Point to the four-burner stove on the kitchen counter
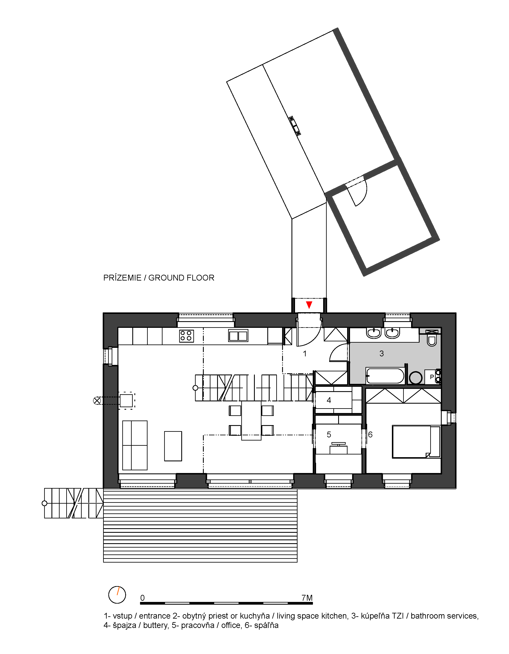pos(186,336)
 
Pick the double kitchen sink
pos(238,335)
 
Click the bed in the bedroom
pos(416,442)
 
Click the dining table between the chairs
pos(251,421)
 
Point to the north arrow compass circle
pos(117,595)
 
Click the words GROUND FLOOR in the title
pos(181,278)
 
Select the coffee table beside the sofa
pos(173,446)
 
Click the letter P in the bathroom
pos(432,377)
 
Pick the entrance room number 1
pos(305,354)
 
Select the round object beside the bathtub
pos(415,378)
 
